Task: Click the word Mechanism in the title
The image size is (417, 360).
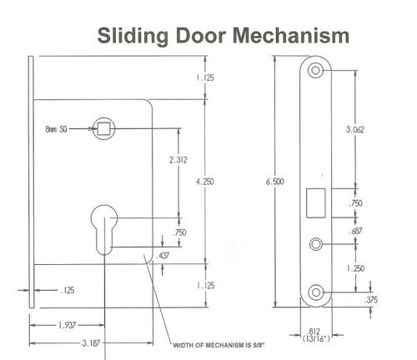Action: point(290,36)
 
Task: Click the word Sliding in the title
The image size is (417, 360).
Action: point(133,37)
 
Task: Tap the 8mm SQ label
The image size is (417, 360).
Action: point(56,129)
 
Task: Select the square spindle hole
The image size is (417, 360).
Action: point(103,128)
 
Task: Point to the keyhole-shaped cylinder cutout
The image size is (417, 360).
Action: point(104,230)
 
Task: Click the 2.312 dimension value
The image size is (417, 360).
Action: point(178,160)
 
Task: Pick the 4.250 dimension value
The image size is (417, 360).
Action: point(205,182)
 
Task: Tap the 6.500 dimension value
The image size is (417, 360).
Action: point(274,182)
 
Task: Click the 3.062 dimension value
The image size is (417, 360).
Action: point(354,129)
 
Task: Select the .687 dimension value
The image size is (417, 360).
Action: point(356,231)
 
